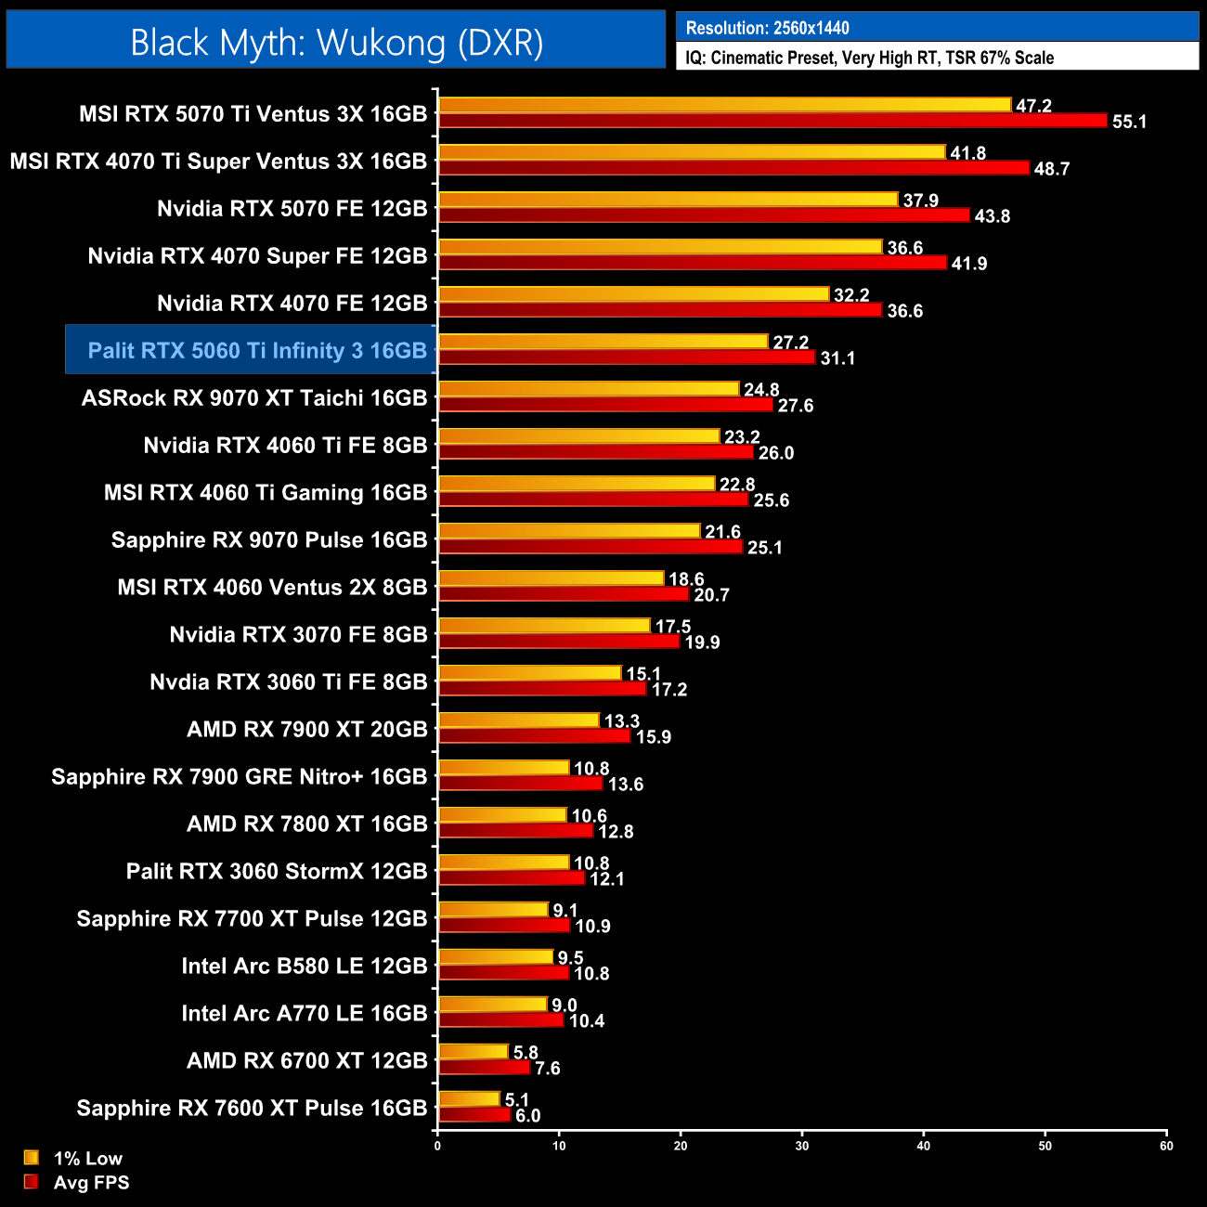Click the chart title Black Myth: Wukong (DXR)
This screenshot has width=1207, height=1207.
tap(336, 42)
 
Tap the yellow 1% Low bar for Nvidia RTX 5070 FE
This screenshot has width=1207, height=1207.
tap(668, 200)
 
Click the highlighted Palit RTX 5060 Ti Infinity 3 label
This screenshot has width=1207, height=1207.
tap(256, 351)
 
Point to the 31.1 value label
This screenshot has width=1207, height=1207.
tap(837, 358)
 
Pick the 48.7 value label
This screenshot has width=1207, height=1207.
tap(1052, 169)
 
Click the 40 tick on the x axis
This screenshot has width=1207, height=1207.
tap(923, 1146)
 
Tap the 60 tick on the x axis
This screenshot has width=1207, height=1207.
tap(1166, 1146)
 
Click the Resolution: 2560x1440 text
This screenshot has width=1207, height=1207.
tap(767, 28)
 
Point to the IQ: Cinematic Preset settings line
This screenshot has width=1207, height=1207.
tap(869, 58)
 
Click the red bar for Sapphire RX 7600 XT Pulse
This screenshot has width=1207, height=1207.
tap(474, 1115)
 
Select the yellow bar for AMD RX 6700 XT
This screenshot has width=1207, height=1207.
tap(474, 1052)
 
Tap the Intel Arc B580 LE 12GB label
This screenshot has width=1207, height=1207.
tap(304, 967)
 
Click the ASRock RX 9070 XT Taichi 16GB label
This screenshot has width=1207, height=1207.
tap(254, 398)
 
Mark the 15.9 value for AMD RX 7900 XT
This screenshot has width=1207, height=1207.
tap(654, 737)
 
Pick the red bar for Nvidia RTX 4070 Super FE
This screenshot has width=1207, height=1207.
tap(693, 263)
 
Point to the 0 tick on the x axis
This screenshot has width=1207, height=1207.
tap(437, 1146)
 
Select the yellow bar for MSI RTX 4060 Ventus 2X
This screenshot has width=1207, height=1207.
tap(552, 578)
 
